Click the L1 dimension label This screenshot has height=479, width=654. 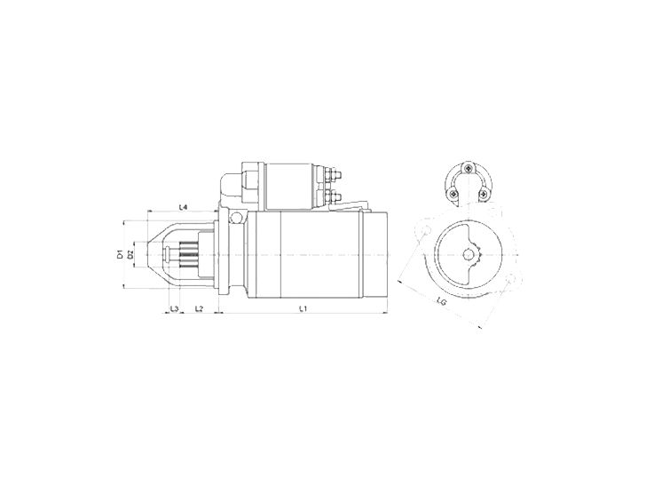[303, 308]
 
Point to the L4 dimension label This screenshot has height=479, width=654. [182, 207]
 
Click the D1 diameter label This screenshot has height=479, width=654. [119, 254]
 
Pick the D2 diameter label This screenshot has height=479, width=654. [130, 254]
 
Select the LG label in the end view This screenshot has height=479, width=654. [441, 302]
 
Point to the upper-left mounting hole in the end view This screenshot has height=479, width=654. [424, 229]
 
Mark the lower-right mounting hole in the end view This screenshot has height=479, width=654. [510, 283]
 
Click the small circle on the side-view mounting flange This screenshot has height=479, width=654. [235, 218]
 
